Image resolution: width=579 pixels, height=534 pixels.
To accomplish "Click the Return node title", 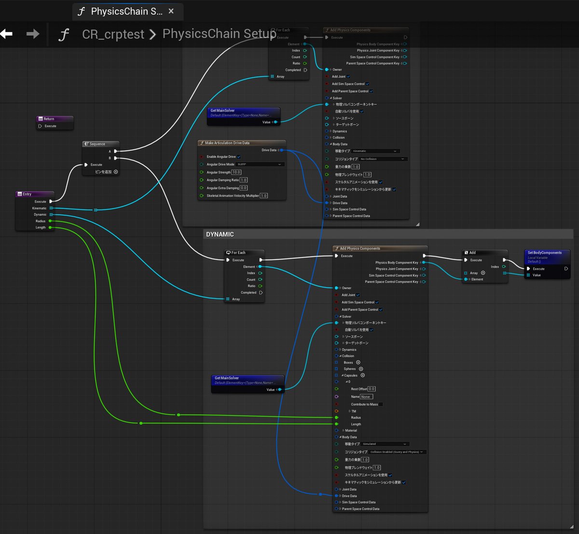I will coord(49,119).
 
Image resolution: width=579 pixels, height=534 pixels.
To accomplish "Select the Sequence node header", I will coord(97,144).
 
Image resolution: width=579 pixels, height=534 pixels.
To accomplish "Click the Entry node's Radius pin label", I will coord(41,221).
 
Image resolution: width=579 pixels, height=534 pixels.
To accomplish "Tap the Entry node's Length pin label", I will coord(41,228).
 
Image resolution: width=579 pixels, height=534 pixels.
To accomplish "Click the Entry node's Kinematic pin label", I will coord(40,208).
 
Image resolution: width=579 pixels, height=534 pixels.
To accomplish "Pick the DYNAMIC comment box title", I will coord(220,234).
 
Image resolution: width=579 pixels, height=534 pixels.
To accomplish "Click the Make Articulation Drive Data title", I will coord(227,143).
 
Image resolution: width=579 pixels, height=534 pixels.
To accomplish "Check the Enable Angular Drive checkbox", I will coord(239,157).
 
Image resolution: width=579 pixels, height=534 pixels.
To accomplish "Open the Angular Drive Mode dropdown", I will coord(259,164).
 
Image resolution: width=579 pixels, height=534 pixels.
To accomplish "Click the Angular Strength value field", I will coord(236,173).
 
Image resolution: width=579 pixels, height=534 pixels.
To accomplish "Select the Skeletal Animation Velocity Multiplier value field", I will coord(263,196).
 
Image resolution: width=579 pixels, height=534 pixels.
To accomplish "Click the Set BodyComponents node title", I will coord(544,253).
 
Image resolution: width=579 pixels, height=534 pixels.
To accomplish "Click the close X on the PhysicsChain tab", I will coord(171,11).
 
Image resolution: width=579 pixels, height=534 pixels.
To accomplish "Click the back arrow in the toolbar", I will coord(7,34).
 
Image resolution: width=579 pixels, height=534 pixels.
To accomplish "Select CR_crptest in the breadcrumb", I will coord(113,34).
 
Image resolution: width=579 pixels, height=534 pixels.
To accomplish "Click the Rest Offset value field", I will coord(372,389).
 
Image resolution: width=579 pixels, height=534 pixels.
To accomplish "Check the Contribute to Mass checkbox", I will coord(381,404).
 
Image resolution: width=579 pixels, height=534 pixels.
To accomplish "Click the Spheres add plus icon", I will coord(361,369).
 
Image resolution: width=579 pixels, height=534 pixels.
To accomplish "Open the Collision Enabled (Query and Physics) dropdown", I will coord(397,452).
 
